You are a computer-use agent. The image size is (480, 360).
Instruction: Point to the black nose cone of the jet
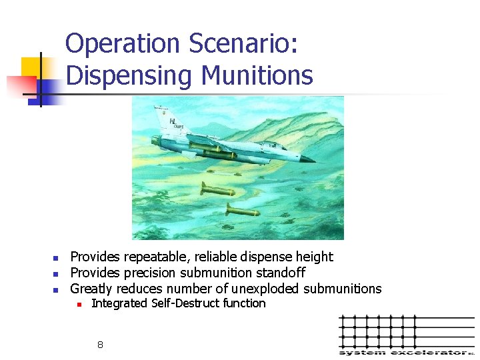(x=308, y=159)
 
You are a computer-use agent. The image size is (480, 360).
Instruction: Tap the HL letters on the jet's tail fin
(x=173, y=122)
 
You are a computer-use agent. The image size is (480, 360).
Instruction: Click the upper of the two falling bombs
(x=217, y=191)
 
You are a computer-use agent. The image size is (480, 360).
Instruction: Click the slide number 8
(x=100, y=345)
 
